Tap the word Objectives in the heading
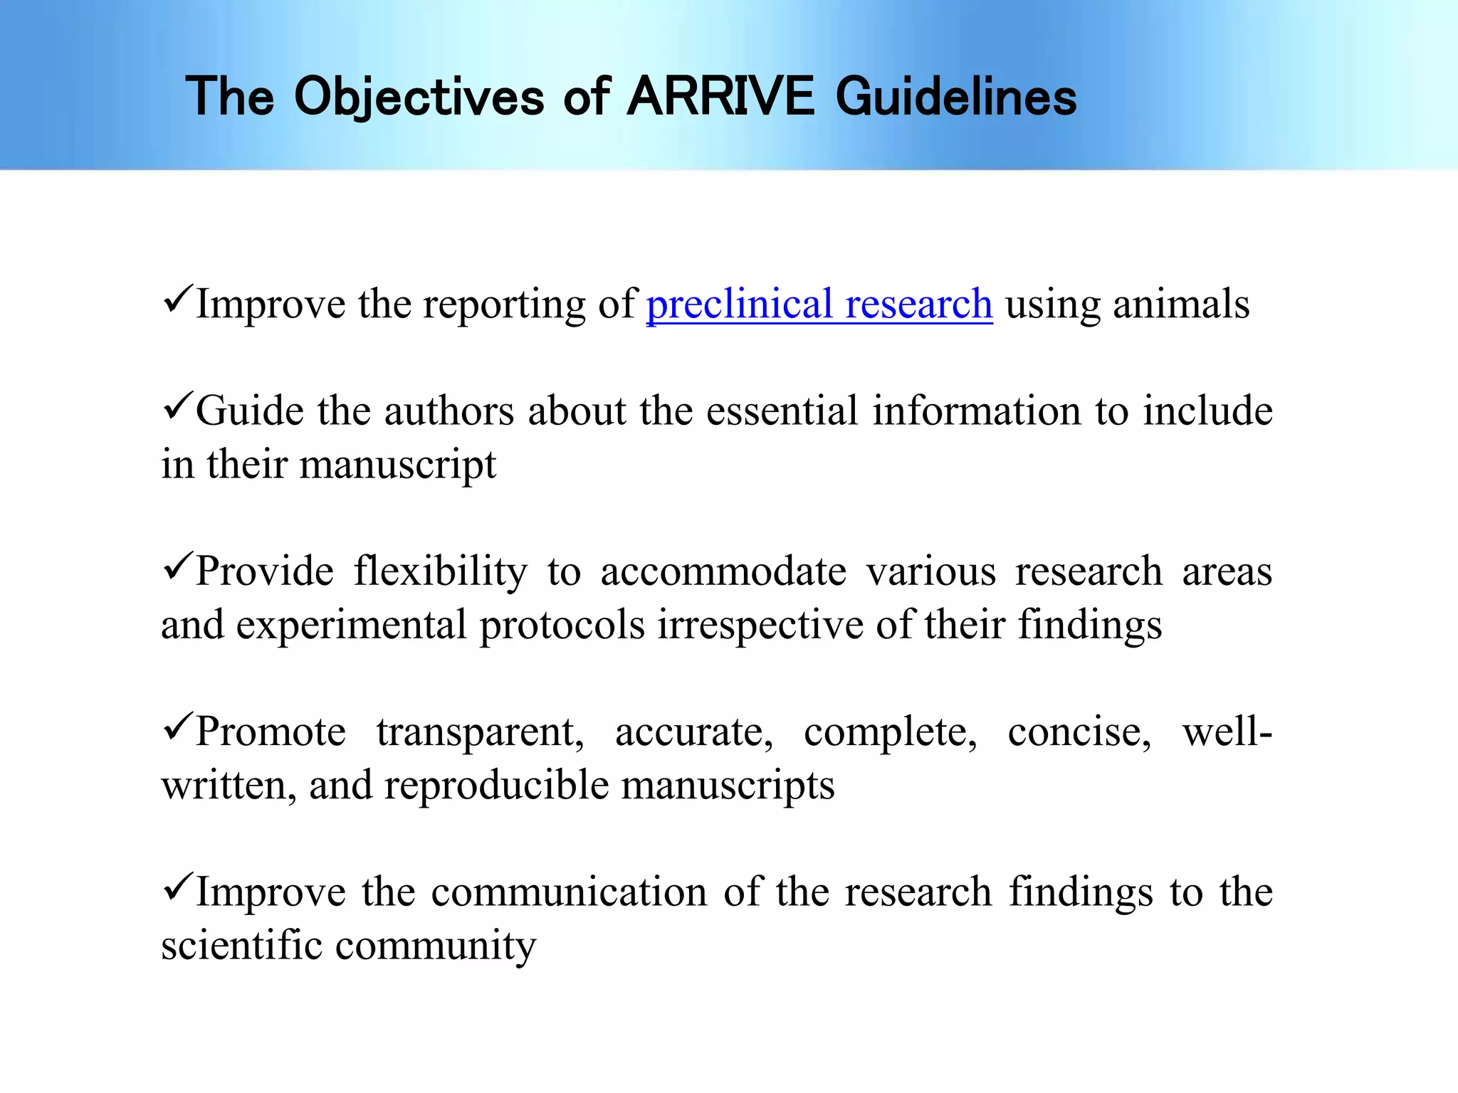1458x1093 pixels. point(419,97)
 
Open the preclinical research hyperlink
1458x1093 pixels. point(819,305)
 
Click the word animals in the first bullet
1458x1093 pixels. point(1181,305)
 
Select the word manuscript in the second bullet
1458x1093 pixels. point(397,466)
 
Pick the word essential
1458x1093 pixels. point(782,411)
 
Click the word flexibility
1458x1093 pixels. point(441,572)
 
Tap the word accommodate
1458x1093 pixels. point(723,572)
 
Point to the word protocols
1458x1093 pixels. point(562,626)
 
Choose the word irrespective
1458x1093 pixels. point(760,626)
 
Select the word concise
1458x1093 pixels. point(1079,732)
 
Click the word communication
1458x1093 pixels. point(569,892)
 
